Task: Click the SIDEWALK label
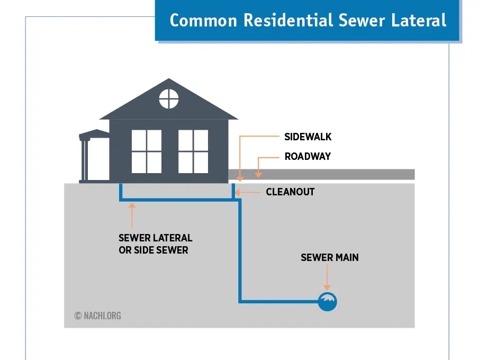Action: coord(308,137)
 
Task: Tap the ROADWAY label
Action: coord(308,156)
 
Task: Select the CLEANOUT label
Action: coord(290,192)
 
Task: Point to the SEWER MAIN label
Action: coord(329,257)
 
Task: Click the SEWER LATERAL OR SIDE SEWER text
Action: coord(155,244)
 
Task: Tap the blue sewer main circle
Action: coord(328,302)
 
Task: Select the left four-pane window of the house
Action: coord(147,151)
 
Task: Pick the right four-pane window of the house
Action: coord(193,151)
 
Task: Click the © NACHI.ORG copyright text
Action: coord(98,316)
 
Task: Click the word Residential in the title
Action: coord(289,20)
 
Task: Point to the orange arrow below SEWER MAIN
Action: coord(328,278)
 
